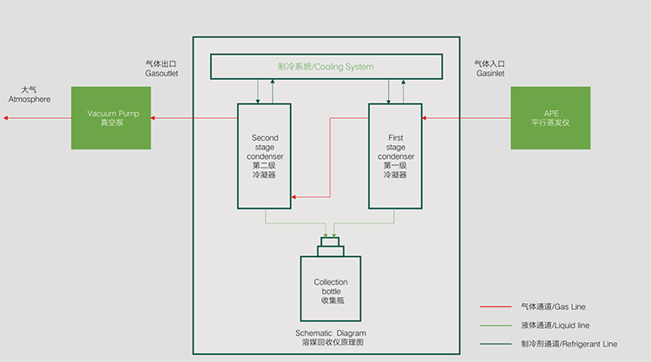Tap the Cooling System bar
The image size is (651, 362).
point(325,66)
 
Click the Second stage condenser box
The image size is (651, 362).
point(265,155)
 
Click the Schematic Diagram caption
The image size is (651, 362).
point(330,338)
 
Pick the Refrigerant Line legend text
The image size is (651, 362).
point(569,344)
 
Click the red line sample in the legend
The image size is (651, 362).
point(496,306)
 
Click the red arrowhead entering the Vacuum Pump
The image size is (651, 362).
point(155,117)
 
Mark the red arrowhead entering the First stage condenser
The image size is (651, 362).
point(425,117)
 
